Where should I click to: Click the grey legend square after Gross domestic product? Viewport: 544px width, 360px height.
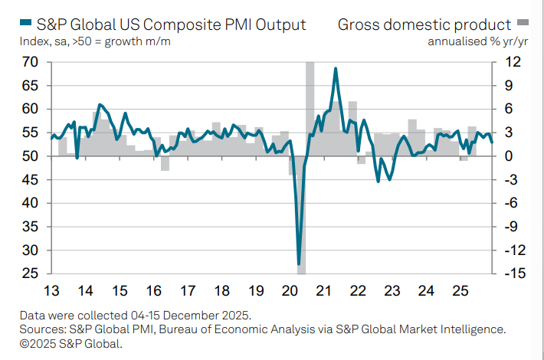pos(523,24)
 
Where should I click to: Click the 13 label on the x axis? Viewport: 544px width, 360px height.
pos(51,291)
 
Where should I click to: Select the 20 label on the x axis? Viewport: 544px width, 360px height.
pos(290,291)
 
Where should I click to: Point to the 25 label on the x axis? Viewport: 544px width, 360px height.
pos(460,291)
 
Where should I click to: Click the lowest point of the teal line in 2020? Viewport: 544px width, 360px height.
pos(299,264)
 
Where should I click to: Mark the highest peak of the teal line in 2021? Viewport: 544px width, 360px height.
pos(336,68)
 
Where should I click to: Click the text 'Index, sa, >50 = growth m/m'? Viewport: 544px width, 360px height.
pos(95,41)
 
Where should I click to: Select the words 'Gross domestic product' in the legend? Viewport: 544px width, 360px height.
pos(424,25)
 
